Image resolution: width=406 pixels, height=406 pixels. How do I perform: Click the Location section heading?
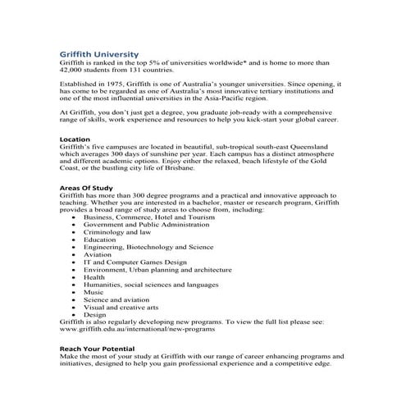click(76, 139)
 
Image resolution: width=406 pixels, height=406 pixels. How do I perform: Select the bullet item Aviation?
click(98, 254)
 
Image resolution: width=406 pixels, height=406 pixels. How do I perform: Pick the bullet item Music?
click(94, 291)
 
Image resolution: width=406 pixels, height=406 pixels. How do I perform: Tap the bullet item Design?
click(95, 314)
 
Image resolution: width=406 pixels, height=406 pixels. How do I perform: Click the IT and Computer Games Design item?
click(141, 262)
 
